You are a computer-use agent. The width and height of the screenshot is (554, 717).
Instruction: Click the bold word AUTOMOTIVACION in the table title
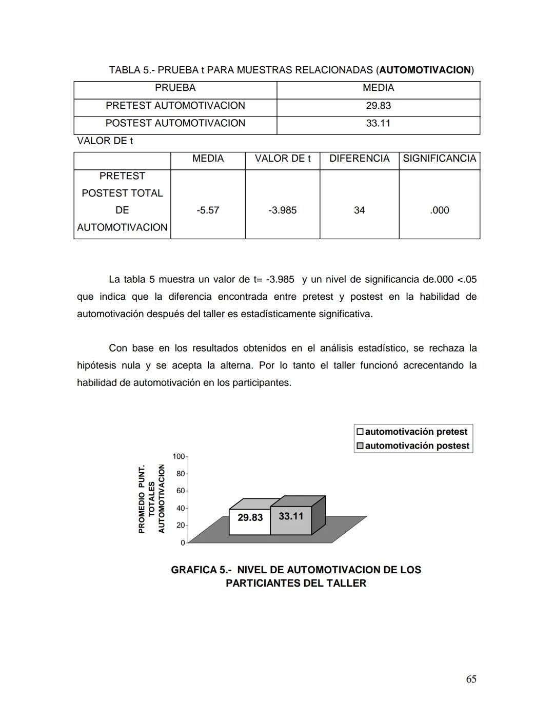[x=425, y=70]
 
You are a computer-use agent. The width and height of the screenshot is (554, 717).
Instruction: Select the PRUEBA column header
[x=175, y=88]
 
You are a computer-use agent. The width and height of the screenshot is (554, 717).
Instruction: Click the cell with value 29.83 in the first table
[x=378, y=106]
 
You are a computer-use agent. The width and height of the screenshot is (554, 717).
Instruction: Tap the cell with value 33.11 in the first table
[x=378, y=123]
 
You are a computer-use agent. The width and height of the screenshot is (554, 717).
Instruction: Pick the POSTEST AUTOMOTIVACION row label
[x=175, y=123]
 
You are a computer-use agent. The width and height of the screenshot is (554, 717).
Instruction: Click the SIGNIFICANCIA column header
[x=439, y=159]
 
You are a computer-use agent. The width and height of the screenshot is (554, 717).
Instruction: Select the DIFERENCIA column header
[x=359, y=159]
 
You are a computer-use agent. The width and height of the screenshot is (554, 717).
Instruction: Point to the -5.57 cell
[x=208, y=210]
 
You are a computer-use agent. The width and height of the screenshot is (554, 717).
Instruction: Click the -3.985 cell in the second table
[x=282, y=210]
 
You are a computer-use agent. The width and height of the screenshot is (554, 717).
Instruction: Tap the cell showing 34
[x=359, y=210]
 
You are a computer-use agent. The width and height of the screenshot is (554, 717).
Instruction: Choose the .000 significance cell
[x=439, y=210]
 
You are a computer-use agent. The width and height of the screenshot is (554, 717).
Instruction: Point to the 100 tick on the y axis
[x=179, y=456]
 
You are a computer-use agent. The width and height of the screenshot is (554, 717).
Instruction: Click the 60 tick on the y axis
[x=181, y=491]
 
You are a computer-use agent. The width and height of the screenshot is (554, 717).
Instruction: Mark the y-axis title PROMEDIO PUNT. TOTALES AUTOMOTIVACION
[x=151, y=499]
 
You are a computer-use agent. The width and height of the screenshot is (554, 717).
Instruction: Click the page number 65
[x=471, y=679]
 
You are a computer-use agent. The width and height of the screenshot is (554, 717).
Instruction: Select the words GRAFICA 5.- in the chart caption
[x=201, y=570]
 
